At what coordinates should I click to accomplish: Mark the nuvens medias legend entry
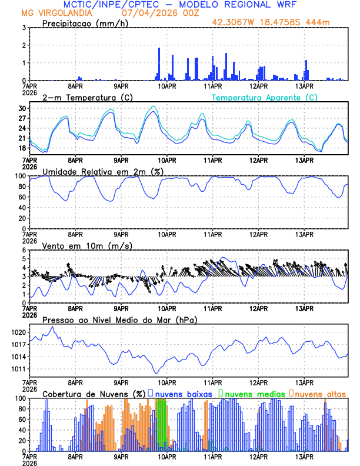(x=254, y=394)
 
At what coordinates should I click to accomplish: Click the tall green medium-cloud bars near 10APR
(x=161, y=424)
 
